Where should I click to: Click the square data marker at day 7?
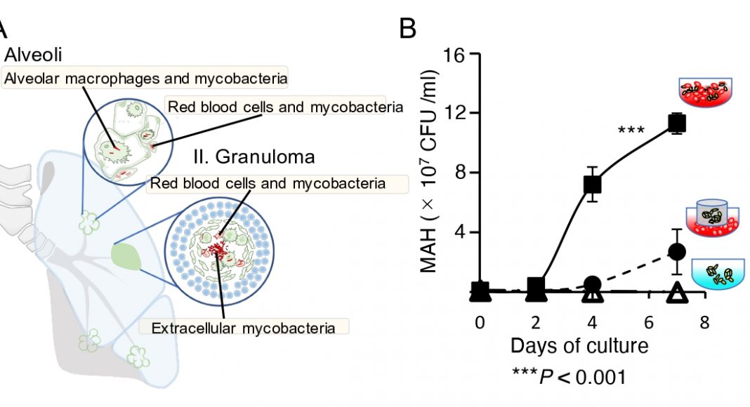677,124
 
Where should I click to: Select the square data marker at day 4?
592,185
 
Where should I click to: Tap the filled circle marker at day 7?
676,251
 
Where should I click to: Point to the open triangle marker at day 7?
676,293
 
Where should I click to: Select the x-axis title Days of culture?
579,346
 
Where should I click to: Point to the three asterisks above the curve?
631,131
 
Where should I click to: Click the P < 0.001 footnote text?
569,377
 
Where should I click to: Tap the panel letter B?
408,29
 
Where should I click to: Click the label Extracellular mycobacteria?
244,327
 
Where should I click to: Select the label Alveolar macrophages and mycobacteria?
145,78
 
